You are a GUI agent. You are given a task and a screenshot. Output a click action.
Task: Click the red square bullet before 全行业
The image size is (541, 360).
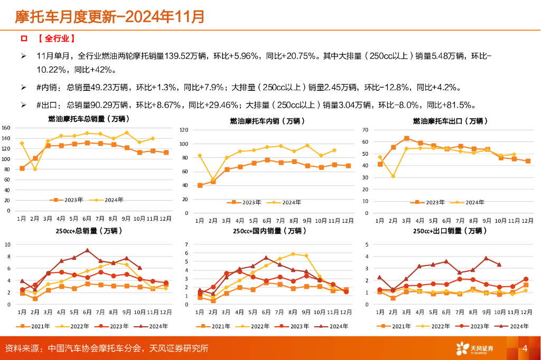[x=23, y=39]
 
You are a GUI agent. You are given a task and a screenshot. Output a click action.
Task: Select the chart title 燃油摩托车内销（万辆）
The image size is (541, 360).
[x=267, y=121]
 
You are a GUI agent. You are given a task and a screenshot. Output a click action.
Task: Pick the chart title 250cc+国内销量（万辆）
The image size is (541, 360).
[x=267, y=231]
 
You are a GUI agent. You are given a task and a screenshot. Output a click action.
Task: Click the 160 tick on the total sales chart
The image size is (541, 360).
[x=6, y=128]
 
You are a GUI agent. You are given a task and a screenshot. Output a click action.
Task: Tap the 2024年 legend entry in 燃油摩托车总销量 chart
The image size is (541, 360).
[x=108, y=200]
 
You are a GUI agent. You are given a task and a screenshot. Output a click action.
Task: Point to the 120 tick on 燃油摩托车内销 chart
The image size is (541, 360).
[x=184, y=130]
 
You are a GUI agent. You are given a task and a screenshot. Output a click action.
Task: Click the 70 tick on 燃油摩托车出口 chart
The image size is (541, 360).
[x=365, y=130]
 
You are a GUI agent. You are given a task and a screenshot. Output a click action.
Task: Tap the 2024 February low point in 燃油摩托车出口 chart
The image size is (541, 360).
[x=393, y=176]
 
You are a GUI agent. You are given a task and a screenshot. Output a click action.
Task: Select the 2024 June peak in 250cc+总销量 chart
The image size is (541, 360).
[x=87, y=250]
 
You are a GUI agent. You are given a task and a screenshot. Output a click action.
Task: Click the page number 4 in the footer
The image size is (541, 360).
[x=525, y=348]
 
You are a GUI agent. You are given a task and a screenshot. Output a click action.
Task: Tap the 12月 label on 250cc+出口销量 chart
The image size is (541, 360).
[x=527, y=312]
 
